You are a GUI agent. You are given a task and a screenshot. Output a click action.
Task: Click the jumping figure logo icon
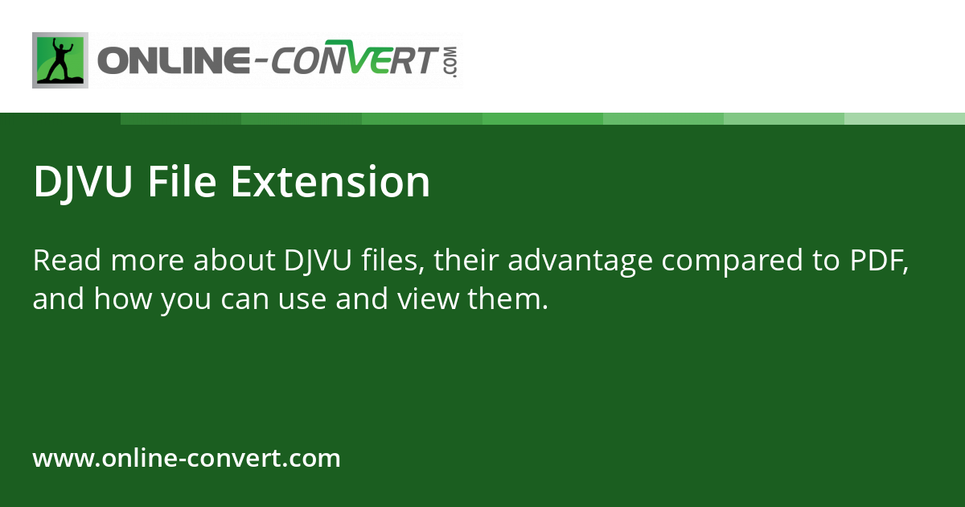click(x=60, y=60)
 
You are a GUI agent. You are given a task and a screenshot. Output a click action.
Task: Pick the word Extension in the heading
click(x=330, y=182)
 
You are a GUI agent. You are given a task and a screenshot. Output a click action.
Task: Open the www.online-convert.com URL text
click(x=187, y=459)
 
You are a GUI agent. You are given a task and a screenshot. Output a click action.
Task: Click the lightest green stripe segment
click(x=905, y=118)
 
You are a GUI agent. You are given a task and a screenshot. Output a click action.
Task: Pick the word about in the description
click(x=236, y=261)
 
